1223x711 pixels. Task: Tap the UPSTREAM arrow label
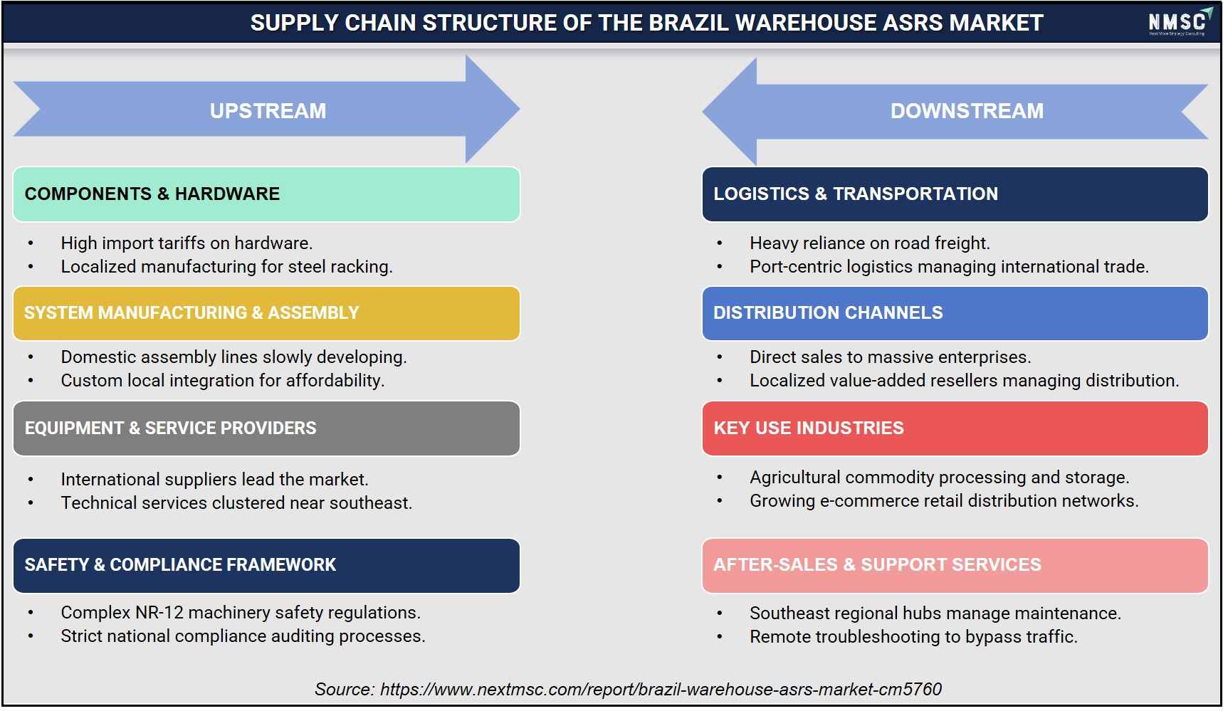pos(268,111)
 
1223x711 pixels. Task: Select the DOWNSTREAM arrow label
pos(967,111)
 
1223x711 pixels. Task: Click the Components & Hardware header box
pos(266,194)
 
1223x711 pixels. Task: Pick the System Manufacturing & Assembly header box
pos(266,313)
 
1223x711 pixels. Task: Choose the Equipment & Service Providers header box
pos(266,428)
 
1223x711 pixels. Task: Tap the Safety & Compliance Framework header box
pos(266,565)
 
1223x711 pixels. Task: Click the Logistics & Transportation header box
pos(955,194)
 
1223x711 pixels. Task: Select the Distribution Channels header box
pos(955,313)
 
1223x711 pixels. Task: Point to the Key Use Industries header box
pos(955,428)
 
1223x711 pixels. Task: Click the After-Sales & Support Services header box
pos(955,565)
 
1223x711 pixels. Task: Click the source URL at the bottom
pos(661,689)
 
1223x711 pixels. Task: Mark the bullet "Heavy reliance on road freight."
pos(870,243)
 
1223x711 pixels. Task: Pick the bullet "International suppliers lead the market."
pos(214,479)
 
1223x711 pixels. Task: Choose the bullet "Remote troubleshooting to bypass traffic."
pos(913,636)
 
